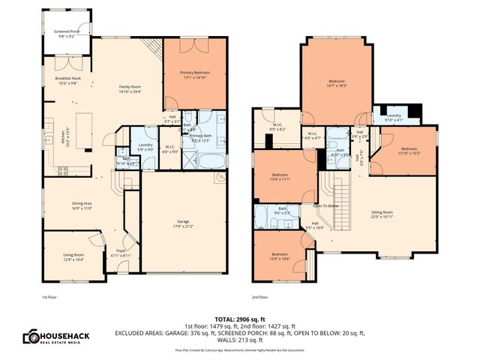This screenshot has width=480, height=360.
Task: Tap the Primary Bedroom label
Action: coord(194,73)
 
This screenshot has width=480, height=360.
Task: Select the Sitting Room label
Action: coord(382,214)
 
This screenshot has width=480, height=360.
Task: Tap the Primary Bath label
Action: coord(201,138)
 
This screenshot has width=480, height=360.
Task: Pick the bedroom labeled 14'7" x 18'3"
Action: coord(337,82)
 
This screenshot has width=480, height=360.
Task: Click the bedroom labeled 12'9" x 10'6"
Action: coord(279,255)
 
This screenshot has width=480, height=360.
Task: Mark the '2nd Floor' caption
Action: coord(260,298)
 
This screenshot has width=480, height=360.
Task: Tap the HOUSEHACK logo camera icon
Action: coord(31,337)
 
